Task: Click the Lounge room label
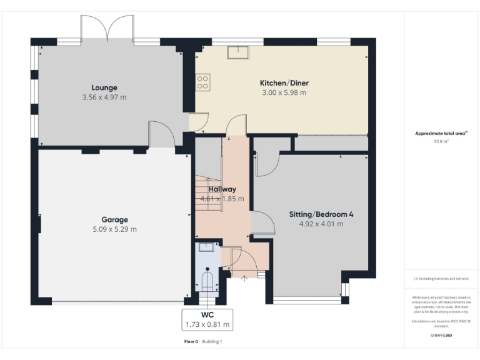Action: tap(104, 87)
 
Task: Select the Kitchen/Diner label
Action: tap(284, 83)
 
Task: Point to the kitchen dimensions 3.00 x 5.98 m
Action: tap(284, 93)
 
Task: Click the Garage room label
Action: tap(114, 219)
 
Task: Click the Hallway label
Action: tap(222, 189)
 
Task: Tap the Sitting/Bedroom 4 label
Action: tap(321, 214)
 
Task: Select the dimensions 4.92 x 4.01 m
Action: tap(321, 224)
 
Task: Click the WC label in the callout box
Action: tap(207, 315)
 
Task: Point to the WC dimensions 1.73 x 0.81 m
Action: tap(207, 325)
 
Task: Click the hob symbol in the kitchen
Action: tap(203, 82)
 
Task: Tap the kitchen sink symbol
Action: tap(238, 52)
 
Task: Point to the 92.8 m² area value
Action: tap(442, 141)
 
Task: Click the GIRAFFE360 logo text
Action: tap(441, 336)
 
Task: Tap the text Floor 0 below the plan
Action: tap(191, 342)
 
